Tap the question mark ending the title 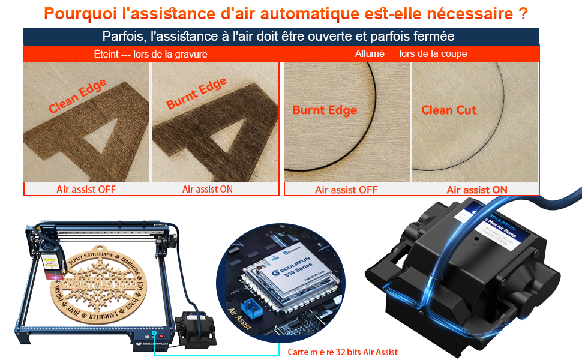coord(523,13)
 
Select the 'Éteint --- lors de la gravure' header coord(151,54)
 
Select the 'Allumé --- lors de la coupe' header coord(411,54)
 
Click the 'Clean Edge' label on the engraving coord(77,96)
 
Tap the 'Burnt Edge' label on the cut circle coord(325,110)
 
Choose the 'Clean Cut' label coord(449,110)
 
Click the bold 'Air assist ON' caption coord(476,190)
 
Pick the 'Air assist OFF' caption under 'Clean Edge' coord(86,190)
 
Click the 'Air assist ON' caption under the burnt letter coord(208,189)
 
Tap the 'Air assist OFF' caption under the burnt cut coord(346,190)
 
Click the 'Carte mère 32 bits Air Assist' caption coord(342,352)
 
